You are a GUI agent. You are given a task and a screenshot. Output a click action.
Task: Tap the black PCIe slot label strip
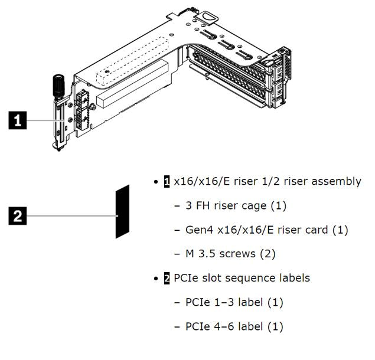coord(122,211)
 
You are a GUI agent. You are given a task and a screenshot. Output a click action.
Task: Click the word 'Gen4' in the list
coord(199,230)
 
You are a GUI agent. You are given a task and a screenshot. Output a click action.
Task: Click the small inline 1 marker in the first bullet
coord(167,182)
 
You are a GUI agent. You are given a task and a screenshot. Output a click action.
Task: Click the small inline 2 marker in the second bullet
coord(167,278)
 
